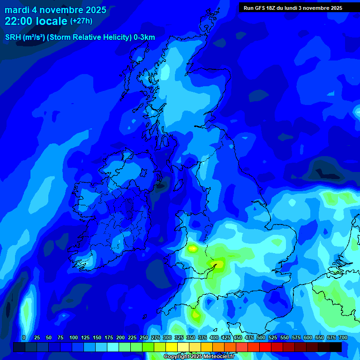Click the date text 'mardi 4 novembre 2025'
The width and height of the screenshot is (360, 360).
click(55, 10)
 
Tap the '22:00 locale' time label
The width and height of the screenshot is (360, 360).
click(36, 21)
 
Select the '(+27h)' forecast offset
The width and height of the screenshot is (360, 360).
click(81, 21)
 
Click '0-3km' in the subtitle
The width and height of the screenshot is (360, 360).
click(144, 37)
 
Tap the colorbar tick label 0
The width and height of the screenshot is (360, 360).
click(23, 338)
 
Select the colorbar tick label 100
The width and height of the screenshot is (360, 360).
click(74, 338)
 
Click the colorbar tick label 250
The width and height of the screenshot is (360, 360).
click(144, 338)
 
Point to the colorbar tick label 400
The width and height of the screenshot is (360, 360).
click(214, 338)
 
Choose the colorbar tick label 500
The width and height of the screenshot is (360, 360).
click(261, 338)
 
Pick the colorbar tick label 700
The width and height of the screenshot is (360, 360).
click(343, 338)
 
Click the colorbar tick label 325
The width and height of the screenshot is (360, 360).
click(179, 338)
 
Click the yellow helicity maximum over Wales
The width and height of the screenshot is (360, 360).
click(192, 248)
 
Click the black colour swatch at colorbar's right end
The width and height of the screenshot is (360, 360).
click(336, 347)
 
